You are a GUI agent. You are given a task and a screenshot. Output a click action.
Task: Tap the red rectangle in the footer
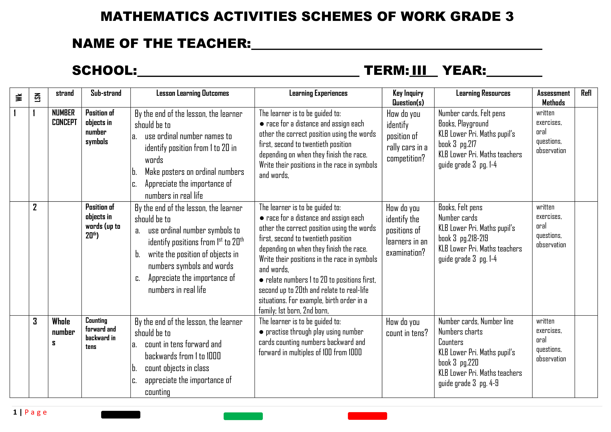coord(367,416)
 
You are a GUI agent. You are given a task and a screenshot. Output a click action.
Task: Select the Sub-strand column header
coord(106,93)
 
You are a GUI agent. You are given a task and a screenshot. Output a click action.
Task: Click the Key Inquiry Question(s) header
coord(408,98)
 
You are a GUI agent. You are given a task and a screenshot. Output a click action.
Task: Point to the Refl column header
coord(586,93)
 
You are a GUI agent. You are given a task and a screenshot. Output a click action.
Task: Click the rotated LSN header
coord(38,97)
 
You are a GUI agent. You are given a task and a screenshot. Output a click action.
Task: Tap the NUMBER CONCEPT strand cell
coord(64,117)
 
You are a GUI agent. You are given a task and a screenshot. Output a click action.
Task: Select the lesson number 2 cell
coord(35,207)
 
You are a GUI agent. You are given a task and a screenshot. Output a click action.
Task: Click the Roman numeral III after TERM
coord(419,71)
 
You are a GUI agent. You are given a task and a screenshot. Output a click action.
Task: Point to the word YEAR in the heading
coord(464,71)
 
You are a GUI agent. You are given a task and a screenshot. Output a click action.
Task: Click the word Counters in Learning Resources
coord(451,342)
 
